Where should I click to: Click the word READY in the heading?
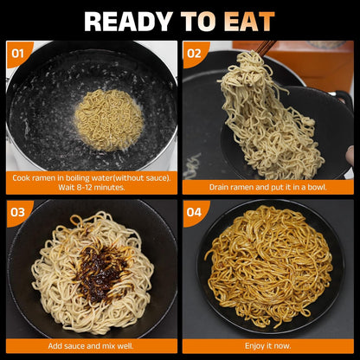pos(128,21)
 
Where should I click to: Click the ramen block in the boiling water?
pos(107,119)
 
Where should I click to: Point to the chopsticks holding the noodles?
pos(266,49)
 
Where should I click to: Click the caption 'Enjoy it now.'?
pos(267,345)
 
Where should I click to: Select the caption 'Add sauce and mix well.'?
pos(92,345)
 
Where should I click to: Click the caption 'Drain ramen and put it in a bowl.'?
pos(267,186)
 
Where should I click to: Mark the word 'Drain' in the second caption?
pos(221,186)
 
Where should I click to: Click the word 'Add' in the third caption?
pos(57,345)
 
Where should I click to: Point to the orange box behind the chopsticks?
pos(312,61)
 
